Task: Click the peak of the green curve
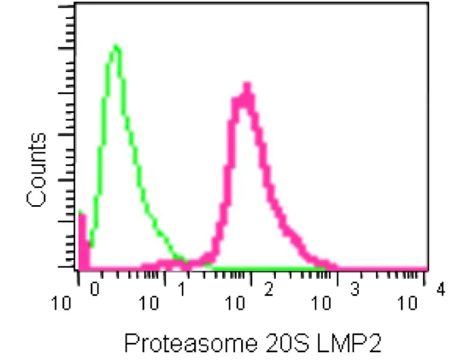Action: (115, 47)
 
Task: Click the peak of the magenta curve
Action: (246, 86)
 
